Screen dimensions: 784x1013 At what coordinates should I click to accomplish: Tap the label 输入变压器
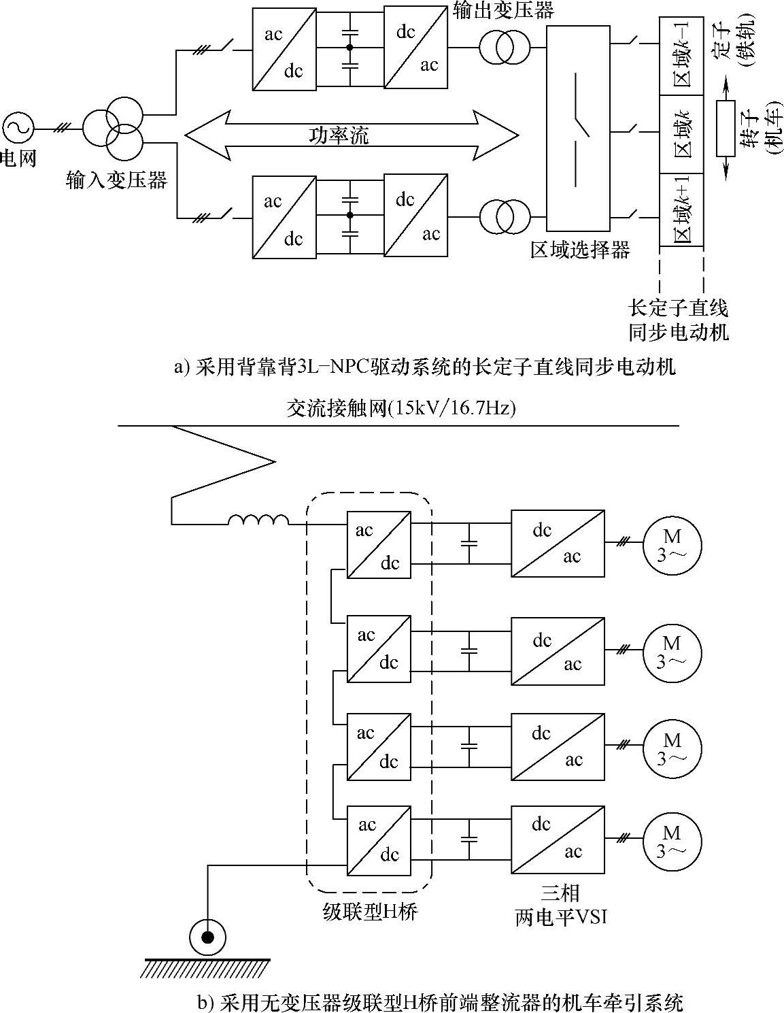[116, 180]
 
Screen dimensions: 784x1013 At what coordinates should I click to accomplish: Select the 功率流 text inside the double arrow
[339, 135]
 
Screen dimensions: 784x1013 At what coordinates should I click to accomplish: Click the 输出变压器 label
[503, 10]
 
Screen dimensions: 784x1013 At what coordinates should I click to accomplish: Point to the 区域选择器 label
[580, 250]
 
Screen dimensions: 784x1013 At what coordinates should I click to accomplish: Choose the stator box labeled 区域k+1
[681, 210]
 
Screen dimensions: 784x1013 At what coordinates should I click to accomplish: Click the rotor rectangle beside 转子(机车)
[726, 128]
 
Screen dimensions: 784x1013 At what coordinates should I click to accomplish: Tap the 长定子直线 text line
[678, 308]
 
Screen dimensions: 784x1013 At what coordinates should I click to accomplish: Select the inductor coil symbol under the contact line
[258, 520]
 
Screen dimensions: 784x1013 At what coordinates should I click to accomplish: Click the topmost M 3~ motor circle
[672, 544]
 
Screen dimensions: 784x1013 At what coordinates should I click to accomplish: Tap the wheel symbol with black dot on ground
[208, 937]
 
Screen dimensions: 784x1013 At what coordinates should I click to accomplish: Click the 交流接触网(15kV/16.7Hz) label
[401, 408]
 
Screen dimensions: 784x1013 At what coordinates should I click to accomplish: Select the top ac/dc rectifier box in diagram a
[284, 48]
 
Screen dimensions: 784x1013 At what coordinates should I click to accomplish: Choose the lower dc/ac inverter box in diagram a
[415, 216]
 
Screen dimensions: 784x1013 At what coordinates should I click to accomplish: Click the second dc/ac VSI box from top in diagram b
[558, 651]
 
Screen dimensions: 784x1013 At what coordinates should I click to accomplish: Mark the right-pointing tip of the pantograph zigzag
[275, 462]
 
